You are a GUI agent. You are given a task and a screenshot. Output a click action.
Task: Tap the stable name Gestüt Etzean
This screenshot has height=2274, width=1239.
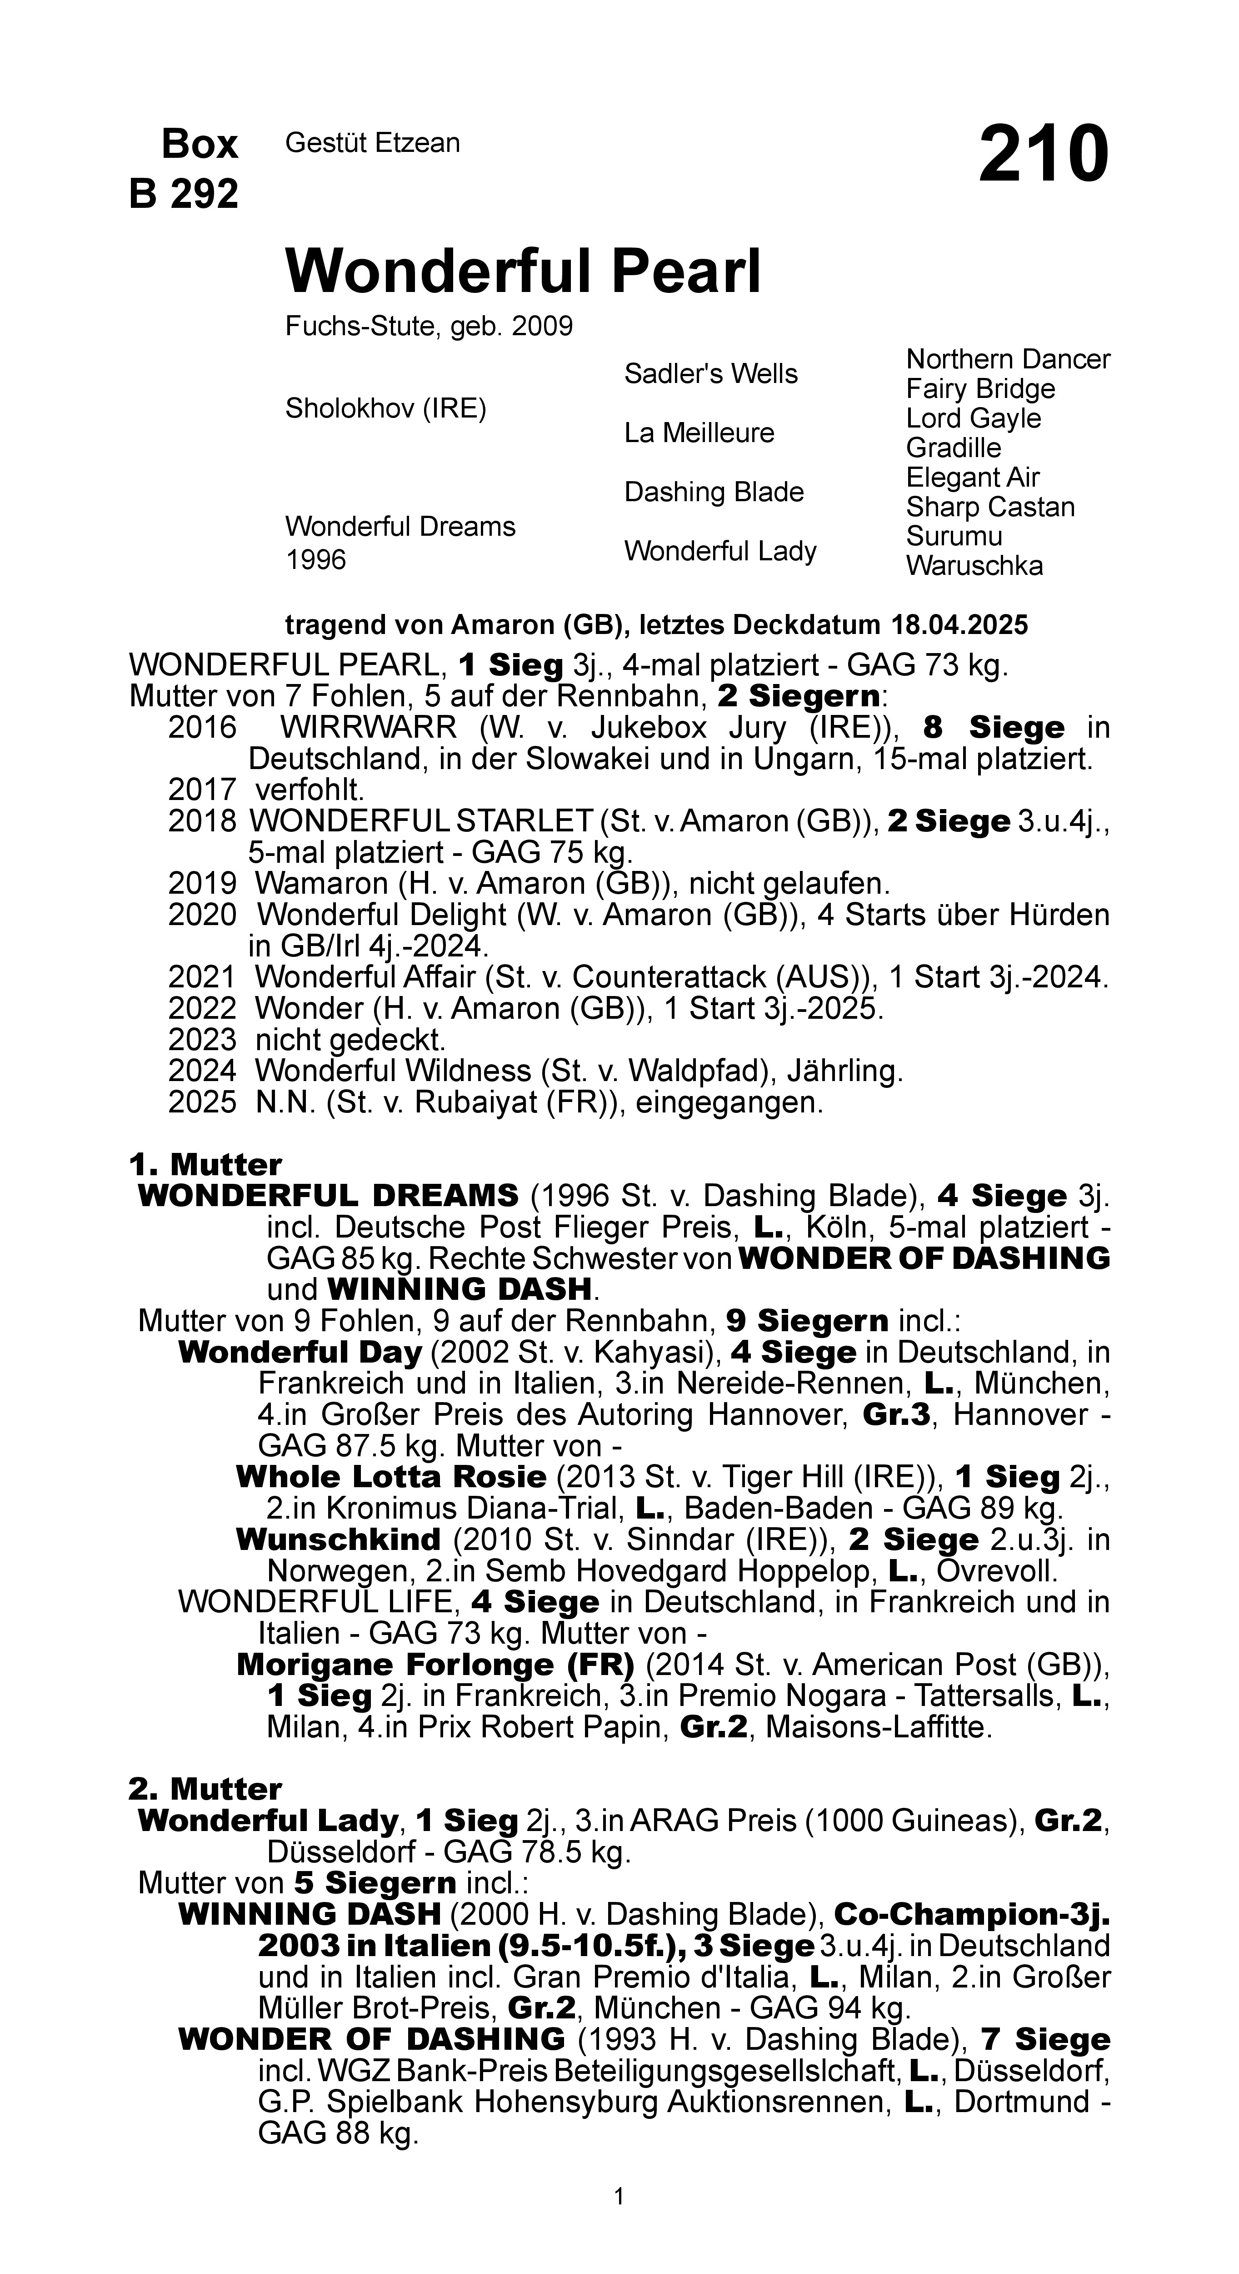(x=372, y=143)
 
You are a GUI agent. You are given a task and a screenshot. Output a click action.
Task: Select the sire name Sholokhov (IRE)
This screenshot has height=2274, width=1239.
(x=385, y=409)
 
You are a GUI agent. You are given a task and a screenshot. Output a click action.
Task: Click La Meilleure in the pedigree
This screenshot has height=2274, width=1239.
(x=699, y=433)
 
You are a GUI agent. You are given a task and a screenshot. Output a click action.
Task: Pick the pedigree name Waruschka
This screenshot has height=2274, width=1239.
(x=974, y=566)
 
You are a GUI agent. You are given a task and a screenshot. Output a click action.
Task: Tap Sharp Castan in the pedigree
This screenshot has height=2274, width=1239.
(x=990, y=507)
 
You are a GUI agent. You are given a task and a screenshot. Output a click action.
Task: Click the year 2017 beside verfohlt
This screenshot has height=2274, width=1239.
(x=202, y=789)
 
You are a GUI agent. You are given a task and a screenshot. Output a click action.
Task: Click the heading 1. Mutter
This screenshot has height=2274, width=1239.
(x=205, y=1164)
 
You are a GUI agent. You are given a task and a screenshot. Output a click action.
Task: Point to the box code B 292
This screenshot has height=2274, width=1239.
(x=184, y=193)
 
